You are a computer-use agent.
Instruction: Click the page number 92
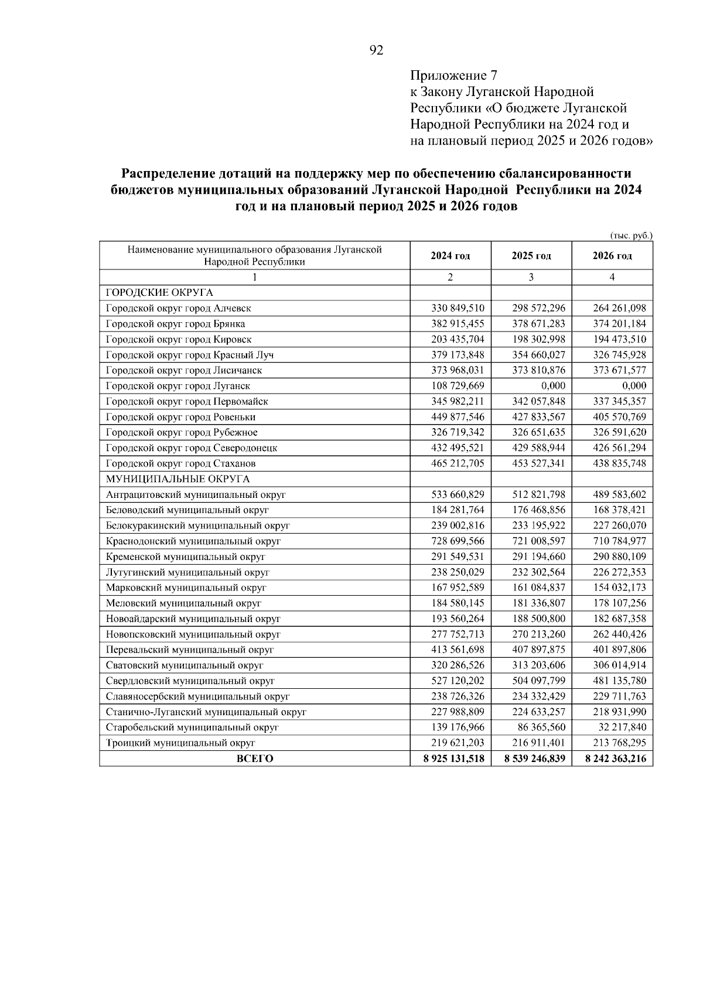click(377, 51)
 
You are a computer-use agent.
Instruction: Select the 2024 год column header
click(450, 256)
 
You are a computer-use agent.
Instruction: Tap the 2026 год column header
click(612, 256)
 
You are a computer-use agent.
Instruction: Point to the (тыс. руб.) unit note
click(631, 235)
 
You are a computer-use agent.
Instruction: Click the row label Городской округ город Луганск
click(178, 386)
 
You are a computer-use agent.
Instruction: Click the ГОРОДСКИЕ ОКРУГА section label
click(159, 293)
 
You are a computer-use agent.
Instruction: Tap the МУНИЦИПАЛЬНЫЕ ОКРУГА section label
click(178, 479)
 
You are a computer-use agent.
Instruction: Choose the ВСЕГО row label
click(255, 759)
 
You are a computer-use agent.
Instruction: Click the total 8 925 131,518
click(451, 759)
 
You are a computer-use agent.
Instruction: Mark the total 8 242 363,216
click(613, 759)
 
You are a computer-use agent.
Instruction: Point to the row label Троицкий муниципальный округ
click(180, 743)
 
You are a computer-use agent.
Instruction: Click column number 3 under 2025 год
click(531, 278)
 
